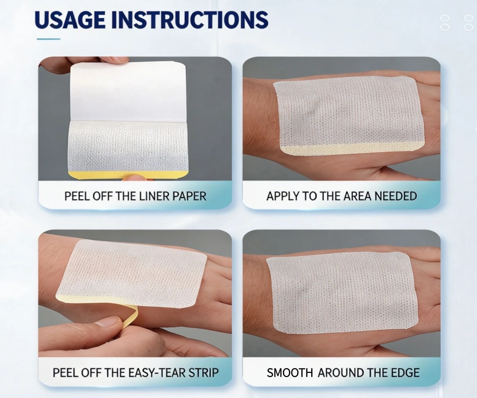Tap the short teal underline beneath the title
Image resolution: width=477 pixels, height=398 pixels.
point(48,39)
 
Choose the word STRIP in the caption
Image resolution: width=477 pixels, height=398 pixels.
point(203,373)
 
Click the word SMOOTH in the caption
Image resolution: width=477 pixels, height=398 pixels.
point(289,373)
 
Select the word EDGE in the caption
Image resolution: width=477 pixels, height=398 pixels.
point(405,373)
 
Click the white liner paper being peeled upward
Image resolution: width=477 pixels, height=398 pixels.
point(128,92)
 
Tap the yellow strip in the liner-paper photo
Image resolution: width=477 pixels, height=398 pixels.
point(128,175)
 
